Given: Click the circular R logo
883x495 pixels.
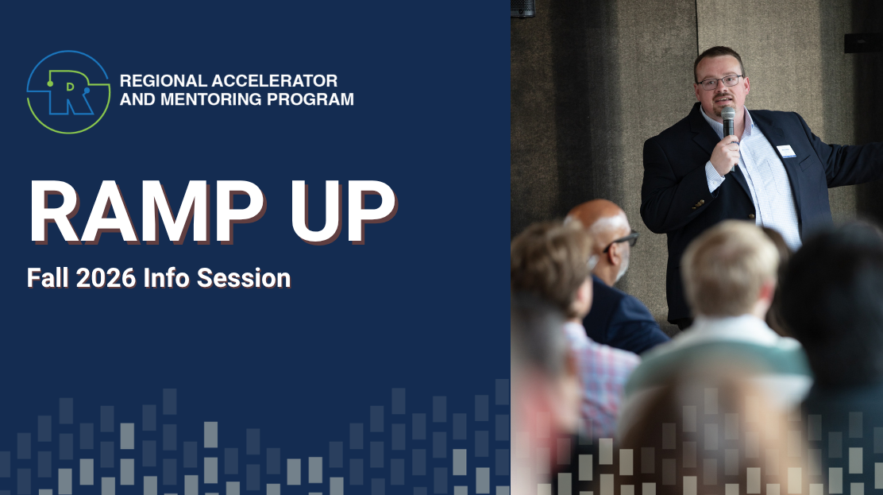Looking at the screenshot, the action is tap(68, 92).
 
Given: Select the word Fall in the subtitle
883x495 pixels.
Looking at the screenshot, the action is tap(48, 278).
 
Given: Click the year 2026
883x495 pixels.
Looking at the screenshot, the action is tap(106, 278).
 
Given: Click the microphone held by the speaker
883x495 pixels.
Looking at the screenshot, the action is tap(729, 133).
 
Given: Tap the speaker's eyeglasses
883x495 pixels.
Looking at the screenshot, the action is tap(719, 83).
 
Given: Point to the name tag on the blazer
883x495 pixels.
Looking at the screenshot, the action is tap(786, 151).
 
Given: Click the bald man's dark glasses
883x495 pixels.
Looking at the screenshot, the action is tap(621, 241).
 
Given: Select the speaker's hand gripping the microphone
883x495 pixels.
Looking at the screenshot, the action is tap(724, 154).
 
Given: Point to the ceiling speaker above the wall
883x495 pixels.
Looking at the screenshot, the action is tap(522, 8).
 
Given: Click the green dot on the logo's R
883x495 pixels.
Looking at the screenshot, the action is tap(50, 84).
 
